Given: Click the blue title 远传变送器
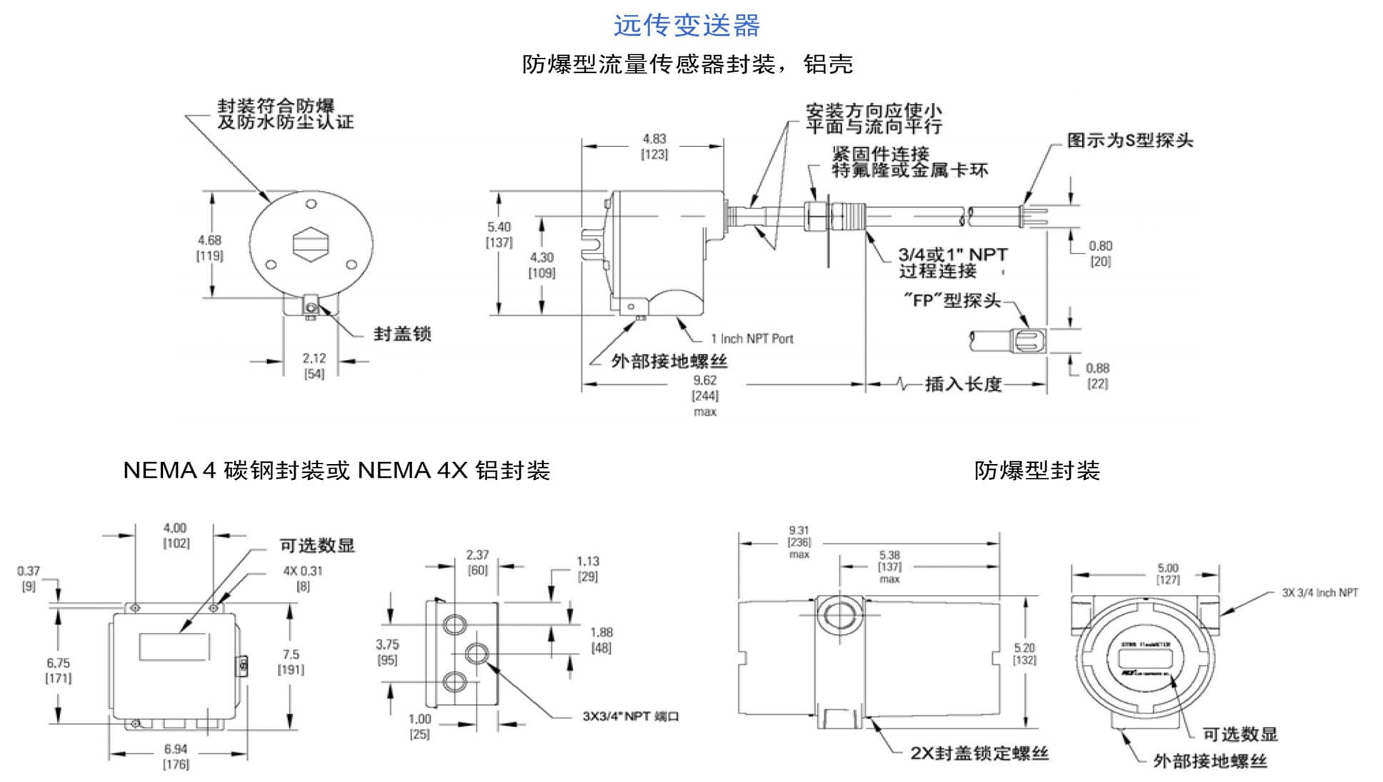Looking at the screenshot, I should (x=686, y=26).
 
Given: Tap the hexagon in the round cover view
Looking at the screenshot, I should (x=311, y=244).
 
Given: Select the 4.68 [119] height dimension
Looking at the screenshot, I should (x=209, y=248).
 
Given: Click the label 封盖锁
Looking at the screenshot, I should (x=402, y=334).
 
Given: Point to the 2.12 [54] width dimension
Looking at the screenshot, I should (x=314, y=366).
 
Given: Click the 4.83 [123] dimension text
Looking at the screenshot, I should (x=654, y=146).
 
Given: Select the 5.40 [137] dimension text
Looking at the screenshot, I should (x=499, y=234).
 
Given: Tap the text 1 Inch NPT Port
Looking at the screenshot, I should (x=752, y=339).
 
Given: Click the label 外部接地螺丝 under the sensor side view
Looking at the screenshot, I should (x=669, y=361).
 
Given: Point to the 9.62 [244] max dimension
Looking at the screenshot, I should (x=704, y=395).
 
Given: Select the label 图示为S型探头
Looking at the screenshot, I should (x=1129, y=141).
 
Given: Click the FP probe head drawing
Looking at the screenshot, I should (x=1028, y=341).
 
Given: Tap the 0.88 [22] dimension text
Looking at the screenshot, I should (x=1097, y=376).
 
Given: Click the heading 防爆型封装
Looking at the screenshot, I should (x=1037, y=471).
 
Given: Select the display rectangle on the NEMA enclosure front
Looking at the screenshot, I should (x=174, y=646).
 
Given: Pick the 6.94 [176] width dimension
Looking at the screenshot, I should (x=176, y=756).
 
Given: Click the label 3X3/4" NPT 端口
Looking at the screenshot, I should (x=630, y=716).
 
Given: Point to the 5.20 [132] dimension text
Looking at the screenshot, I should (x=1024, y=653).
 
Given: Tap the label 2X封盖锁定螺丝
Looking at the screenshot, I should (x=979, y=753).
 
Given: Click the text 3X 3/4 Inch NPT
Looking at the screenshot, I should (x=1319, y=593).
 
